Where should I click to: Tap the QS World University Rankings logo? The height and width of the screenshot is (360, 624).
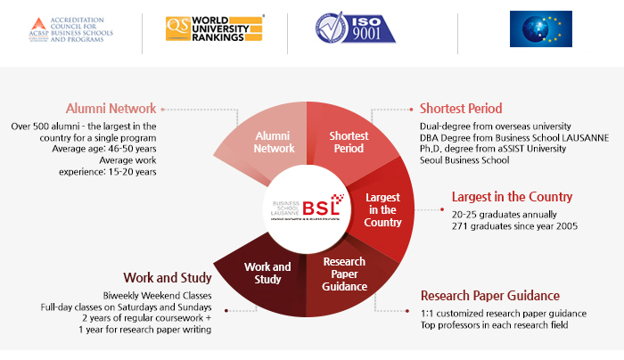click(215, 29)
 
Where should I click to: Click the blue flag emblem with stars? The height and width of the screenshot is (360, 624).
click(540, 29)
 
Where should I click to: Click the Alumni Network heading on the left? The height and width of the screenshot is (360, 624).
click(111, 108)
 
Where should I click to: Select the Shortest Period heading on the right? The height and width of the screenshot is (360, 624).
click(461, 109)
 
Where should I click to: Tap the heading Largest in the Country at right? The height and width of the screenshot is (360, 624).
click(512, 197)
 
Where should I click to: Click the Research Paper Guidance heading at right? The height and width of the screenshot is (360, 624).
click(502, 295)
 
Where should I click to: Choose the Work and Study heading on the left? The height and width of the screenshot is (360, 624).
click(169, 277)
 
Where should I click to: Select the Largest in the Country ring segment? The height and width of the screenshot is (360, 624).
click(383, 209)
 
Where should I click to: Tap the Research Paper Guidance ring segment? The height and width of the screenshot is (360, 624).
click(345, 274)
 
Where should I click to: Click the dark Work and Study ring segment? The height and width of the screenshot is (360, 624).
click(267, 273)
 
